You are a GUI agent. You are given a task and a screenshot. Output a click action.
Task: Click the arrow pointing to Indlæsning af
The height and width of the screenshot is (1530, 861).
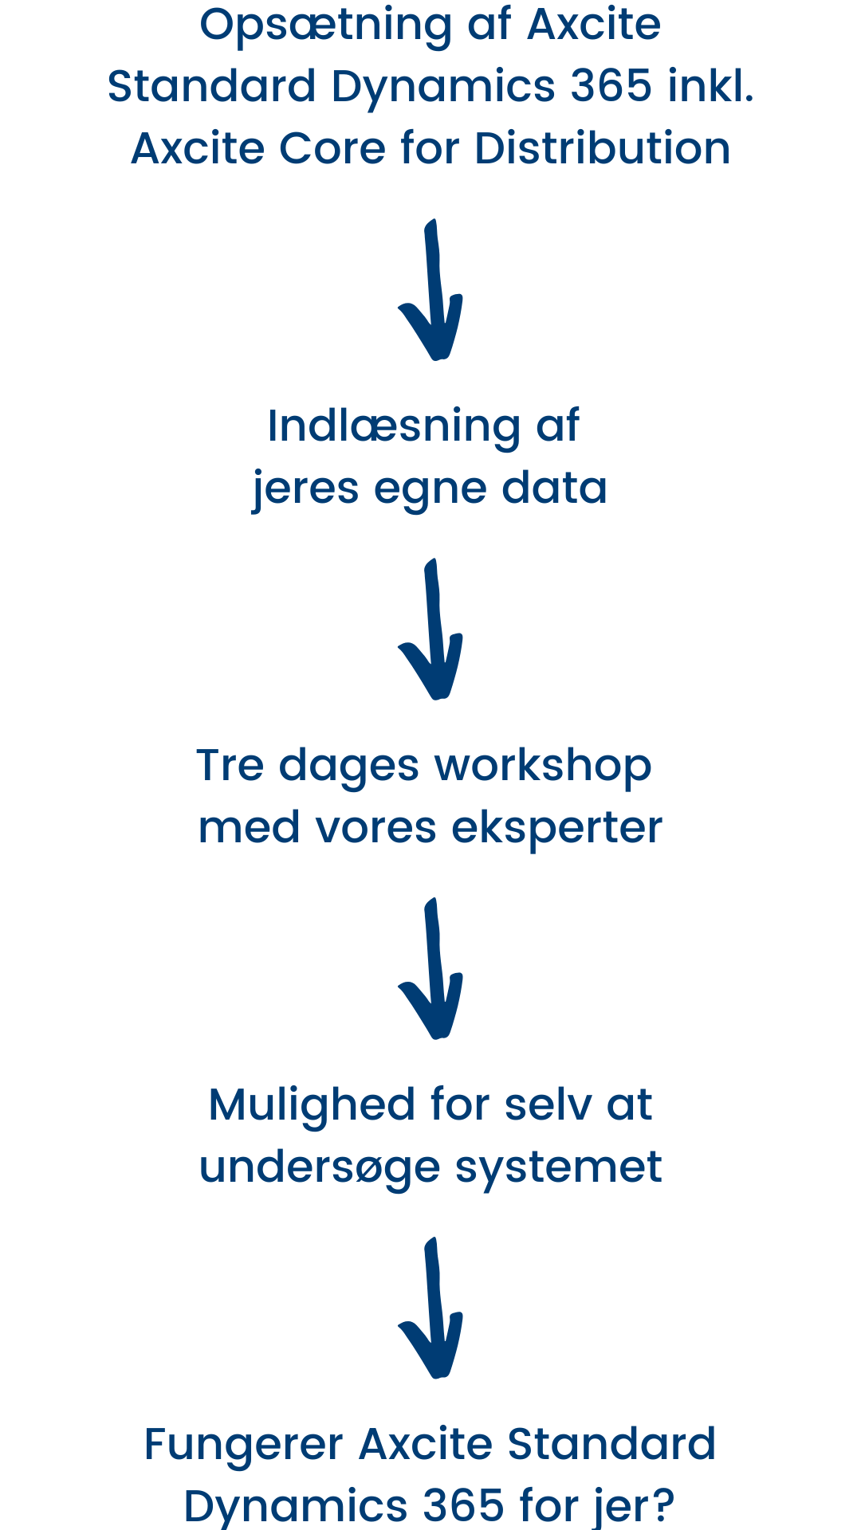click(x=432, y=290)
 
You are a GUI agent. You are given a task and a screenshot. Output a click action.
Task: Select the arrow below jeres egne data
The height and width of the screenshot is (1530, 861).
click(x=432, y=630)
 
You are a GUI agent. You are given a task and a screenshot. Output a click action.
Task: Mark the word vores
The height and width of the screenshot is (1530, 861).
click(x=376, y=829)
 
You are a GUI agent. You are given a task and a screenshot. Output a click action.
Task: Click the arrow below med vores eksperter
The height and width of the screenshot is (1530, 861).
click(x=432, y=969)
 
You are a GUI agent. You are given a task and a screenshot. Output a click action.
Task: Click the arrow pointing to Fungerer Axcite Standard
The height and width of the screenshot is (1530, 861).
click(x=432, y=1308)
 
